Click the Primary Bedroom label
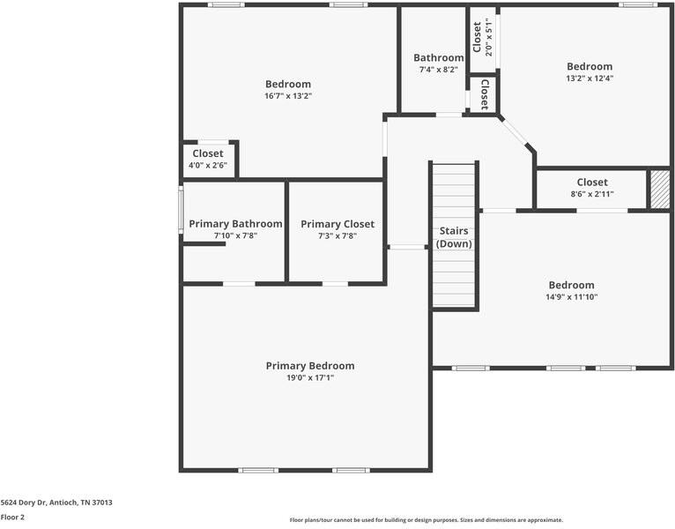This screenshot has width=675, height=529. [310, 366]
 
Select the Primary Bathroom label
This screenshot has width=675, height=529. [235, 224]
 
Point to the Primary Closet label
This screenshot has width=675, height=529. [337, 224]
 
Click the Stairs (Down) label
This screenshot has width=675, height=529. [454, 237]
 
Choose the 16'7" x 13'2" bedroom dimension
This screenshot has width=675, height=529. [288, 96]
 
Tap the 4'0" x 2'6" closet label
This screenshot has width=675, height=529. [208, 165]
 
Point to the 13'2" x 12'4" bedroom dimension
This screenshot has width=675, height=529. [590, 78]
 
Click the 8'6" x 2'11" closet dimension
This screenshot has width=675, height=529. [591, 194]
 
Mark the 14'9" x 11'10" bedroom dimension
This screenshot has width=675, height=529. [572, 297]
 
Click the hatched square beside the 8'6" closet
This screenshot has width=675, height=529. [659, 189]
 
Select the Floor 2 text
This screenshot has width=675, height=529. [12, 518]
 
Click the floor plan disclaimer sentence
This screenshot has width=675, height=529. [426, 520]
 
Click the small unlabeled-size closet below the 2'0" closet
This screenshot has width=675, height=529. [484, 94]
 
